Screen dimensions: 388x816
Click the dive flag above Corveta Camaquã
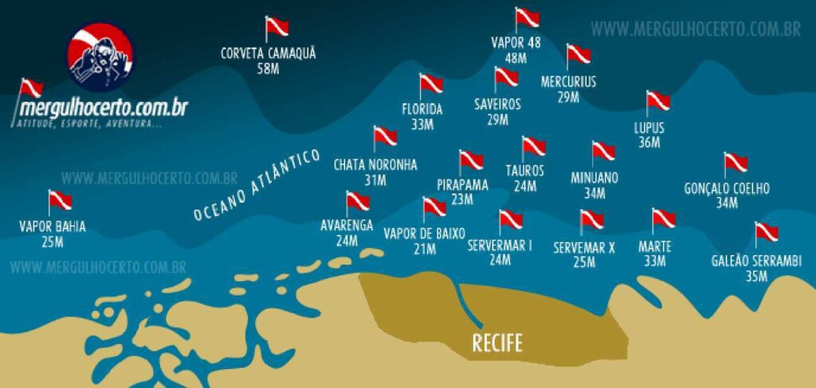pos(277,27)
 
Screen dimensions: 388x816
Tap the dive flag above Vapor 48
pos(527,18)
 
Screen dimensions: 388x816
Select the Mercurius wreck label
pos(568,81)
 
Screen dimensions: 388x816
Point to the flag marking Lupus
pos(657,101)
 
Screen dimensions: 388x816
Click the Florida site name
pos(422,109)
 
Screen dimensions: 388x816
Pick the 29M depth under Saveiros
pos(497,120)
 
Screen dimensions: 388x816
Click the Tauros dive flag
pos(533,147)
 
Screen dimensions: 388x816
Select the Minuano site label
pos(594,177)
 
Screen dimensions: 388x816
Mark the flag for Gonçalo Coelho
pos(735,163)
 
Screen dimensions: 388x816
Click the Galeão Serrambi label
pos(757,261)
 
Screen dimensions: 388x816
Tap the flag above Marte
pos(663,220)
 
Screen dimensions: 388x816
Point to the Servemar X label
pos(584,248)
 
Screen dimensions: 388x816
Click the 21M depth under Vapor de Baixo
pos(424,249)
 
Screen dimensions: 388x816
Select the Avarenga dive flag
pos(357,202)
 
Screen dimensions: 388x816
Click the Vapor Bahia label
pos(53,226)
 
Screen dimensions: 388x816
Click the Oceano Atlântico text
pos(257,186)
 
